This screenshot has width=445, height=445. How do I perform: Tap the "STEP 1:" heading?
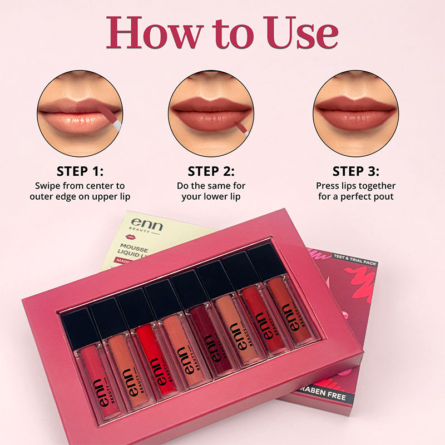[80, 171]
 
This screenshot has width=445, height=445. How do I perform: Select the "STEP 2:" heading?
[211, 171]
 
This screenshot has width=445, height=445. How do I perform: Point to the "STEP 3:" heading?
[355, 171]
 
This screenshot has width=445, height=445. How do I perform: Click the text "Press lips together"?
[355, 186]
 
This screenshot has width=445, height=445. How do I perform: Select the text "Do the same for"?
[211, 186]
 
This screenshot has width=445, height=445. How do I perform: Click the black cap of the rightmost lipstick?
[265, 260]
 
